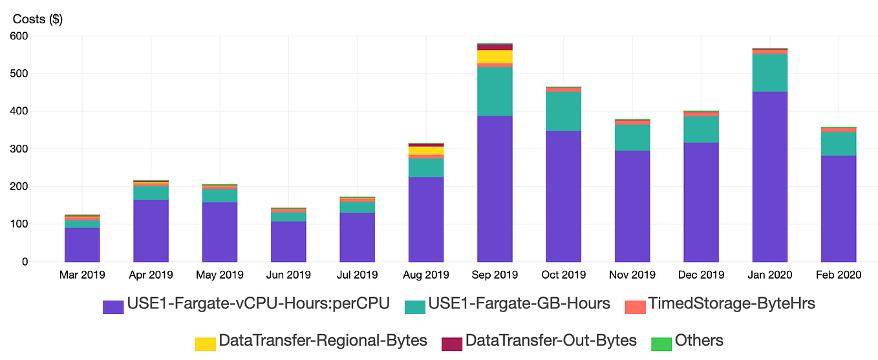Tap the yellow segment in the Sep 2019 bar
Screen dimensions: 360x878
(x=495, y=57)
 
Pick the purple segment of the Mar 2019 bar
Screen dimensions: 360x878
(x=82, y=244)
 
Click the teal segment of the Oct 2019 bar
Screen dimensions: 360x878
(x=563, y=111)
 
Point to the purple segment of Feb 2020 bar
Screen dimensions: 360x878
(x=839, y=208)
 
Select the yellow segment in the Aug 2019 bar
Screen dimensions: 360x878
(x=426, y=151)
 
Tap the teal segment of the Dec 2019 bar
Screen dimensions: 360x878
(x=701, y=129)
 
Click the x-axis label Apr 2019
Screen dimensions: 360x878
(x=151, y=275)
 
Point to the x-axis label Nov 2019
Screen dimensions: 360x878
(x=632, y=275)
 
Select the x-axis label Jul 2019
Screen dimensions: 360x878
(x=357, y=275)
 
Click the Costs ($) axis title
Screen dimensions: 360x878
(x=37, y=19)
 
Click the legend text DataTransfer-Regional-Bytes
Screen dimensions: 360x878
(x=323, y=341)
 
